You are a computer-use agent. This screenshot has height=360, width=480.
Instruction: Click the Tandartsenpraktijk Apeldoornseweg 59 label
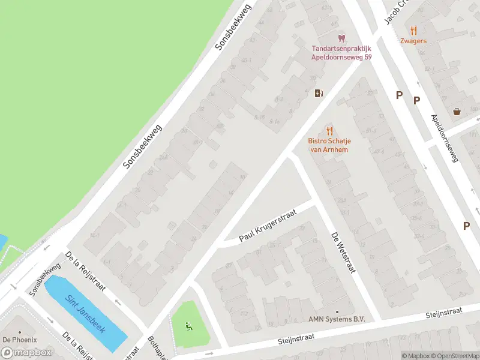(341, 53)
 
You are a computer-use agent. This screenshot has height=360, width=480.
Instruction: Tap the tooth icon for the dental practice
(342, 38)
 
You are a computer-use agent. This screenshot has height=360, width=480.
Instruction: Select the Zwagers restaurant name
(413, 41)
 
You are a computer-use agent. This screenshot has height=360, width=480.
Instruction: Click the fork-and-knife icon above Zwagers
(413, 31)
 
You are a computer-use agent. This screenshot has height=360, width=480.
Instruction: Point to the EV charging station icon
(319, 93)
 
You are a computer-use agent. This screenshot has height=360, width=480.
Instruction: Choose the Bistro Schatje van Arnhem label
(329, 145)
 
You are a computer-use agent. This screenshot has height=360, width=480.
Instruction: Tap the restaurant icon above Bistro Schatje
(329, 131)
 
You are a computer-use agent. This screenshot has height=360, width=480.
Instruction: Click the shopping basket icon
(457, 111)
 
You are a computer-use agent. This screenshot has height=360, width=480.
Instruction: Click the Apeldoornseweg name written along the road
(445, 138)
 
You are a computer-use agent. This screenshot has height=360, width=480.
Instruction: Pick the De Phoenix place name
(20, 340)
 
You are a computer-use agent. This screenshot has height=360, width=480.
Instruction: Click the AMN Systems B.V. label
(337, 320)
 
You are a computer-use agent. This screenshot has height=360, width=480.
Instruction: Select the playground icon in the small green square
(189, 326)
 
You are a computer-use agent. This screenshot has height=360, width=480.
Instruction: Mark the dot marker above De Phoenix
(20, 332)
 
